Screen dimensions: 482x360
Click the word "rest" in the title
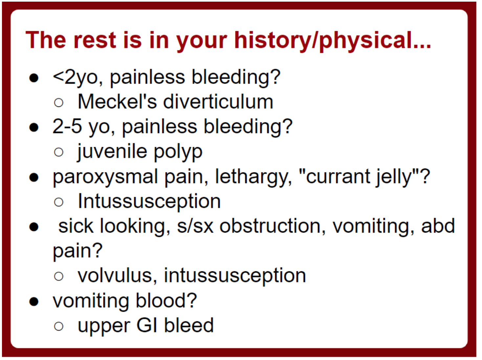[x=95, y=40]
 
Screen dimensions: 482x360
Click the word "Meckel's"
[x=117, y=102]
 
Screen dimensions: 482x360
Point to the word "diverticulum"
[x=218, y=102]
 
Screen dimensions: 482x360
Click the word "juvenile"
[x=112, y=152]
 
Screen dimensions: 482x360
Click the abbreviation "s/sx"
[x=195, y=226]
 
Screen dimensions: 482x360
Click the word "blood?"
[x=166, y=301]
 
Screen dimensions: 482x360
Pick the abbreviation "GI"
[x=146, y=325]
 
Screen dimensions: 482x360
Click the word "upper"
[x=104, y=326]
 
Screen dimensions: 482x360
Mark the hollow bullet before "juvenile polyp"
[x=59, y=152]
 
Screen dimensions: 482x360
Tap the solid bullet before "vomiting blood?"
[x=34, y=301]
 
